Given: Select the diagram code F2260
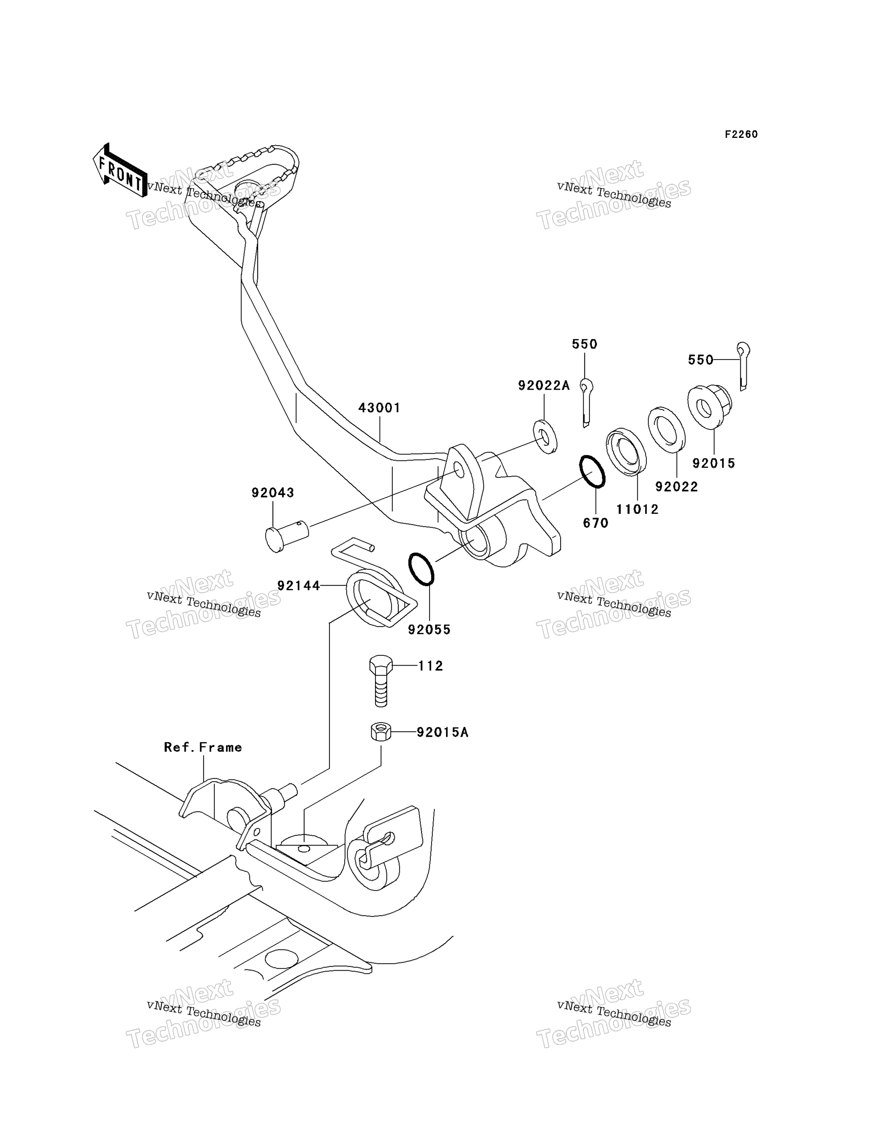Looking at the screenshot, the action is click(741, 134).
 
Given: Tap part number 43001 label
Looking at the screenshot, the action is click(380, 408).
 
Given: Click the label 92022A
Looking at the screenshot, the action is click(544, 386).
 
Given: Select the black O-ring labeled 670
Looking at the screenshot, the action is click(592, 471).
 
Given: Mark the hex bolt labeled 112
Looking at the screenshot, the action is click(381, 680).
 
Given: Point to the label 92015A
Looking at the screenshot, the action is click(443, 732).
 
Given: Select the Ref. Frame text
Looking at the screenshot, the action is click(203, 747).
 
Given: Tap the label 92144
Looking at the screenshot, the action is click(298, 586).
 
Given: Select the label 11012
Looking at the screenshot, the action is click(637, 509).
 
